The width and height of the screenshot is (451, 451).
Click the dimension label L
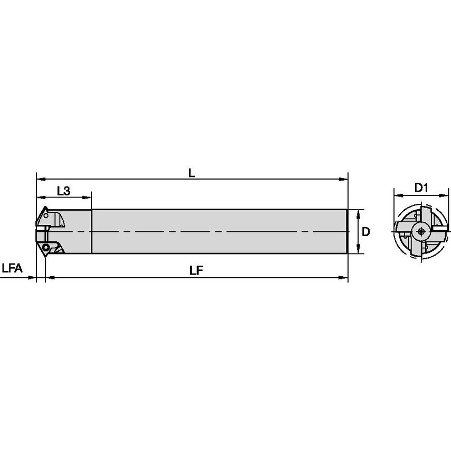[x=192, y=172]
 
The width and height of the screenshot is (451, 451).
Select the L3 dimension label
[x=63, y=191]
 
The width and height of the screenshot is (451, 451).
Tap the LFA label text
[x=12, y=269]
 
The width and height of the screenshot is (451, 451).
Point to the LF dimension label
[x=197, y=269]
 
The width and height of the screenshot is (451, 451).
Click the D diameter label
[x=365, y=232]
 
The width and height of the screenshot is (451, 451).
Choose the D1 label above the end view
[x=420, y=187]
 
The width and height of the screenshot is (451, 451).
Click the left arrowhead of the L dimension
[x=39, y=178]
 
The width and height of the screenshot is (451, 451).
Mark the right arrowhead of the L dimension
[x=345, y=178]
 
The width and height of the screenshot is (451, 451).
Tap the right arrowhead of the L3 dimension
[x=88, y=198]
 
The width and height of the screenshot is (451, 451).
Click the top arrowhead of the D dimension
[x=359, y=212]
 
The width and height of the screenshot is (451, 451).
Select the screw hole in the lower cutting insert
[x=46, y=247]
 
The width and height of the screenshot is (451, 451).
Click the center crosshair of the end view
[x=421, y=231]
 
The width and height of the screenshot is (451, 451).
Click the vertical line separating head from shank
[x=92, y=232]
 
